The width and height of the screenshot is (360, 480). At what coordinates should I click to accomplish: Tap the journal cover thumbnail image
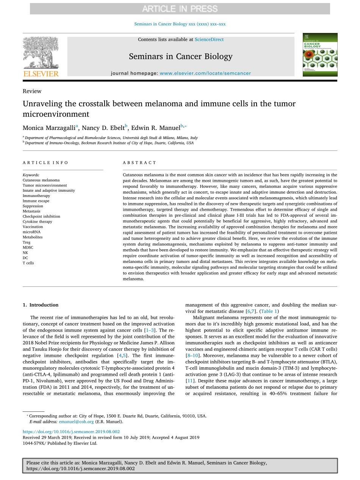point(319,55)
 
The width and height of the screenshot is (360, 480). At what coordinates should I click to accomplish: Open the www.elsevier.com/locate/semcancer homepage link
point(205,73)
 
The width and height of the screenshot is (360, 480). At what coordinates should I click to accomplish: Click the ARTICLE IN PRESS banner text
point(180,8)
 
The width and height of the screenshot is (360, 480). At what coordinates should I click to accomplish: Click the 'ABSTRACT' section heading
point(139,163)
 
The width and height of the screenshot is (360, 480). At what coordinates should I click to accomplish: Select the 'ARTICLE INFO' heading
point(45,163)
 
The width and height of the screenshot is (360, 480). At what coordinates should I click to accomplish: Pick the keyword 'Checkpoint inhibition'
point(41,216)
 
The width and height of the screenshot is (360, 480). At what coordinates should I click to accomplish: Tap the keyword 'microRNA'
point(31,232)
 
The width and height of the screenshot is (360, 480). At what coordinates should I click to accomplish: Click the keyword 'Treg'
point(27,242)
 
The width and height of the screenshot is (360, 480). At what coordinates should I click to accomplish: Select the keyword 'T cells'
point(28,263)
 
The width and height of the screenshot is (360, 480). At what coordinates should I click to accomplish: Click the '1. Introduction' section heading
point(41,305)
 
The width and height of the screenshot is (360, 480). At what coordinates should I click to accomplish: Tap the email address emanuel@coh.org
point(76,422)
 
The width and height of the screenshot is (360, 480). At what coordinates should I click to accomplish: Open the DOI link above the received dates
point(71,432)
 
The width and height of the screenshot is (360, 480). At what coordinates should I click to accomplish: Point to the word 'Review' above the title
point(32,91)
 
